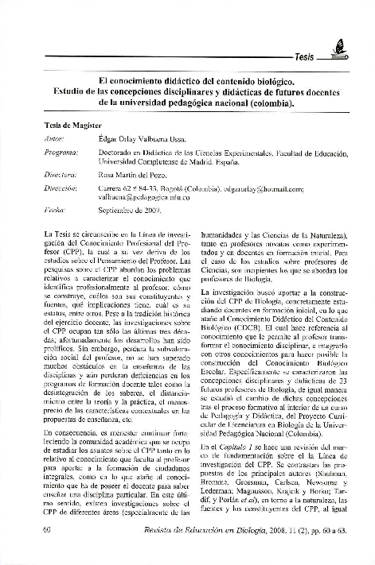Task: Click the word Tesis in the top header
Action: [307, 59]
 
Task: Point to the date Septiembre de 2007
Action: [129, 210]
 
